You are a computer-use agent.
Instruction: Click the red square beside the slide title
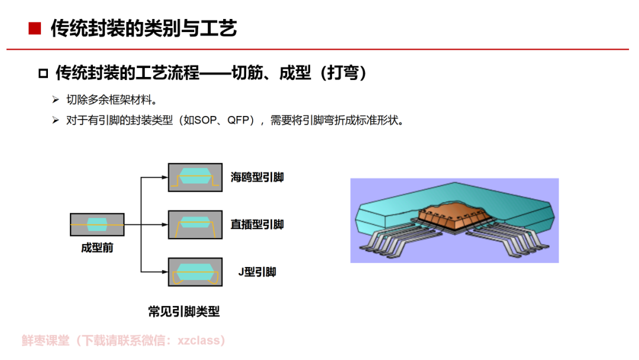(35, 28)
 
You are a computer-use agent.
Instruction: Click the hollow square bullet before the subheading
(43, 73)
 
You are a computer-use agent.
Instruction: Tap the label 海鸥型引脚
(257, 178)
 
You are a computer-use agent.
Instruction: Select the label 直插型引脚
(257, 224)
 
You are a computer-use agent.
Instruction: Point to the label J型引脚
(257, 272)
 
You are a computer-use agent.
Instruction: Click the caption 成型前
(97, 248)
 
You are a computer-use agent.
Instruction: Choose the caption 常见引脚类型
(184, 312)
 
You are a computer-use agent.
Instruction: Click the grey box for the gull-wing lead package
(195, 178)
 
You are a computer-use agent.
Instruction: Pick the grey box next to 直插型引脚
(195, 224)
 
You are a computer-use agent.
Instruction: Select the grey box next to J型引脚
(195, 272)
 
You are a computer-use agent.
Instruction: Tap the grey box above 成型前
(97, 224)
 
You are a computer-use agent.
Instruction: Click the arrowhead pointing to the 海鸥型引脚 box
(165, 178)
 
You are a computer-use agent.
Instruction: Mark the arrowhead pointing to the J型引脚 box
(165, 272)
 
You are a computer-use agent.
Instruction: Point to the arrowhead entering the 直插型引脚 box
(165, 224)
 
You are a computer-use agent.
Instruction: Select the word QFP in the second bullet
(238, 120)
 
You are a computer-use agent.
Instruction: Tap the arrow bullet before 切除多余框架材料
(56, 99)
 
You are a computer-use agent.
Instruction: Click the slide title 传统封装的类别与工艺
(143, 28)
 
